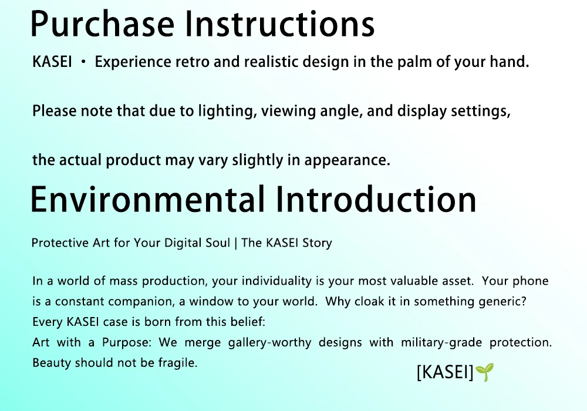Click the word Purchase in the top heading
102,24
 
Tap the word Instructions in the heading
280,23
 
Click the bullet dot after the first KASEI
83,62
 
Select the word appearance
347,160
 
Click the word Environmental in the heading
148,200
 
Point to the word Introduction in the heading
376,200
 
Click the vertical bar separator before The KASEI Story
235,243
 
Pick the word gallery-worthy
269,342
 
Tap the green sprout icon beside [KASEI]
484,372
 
